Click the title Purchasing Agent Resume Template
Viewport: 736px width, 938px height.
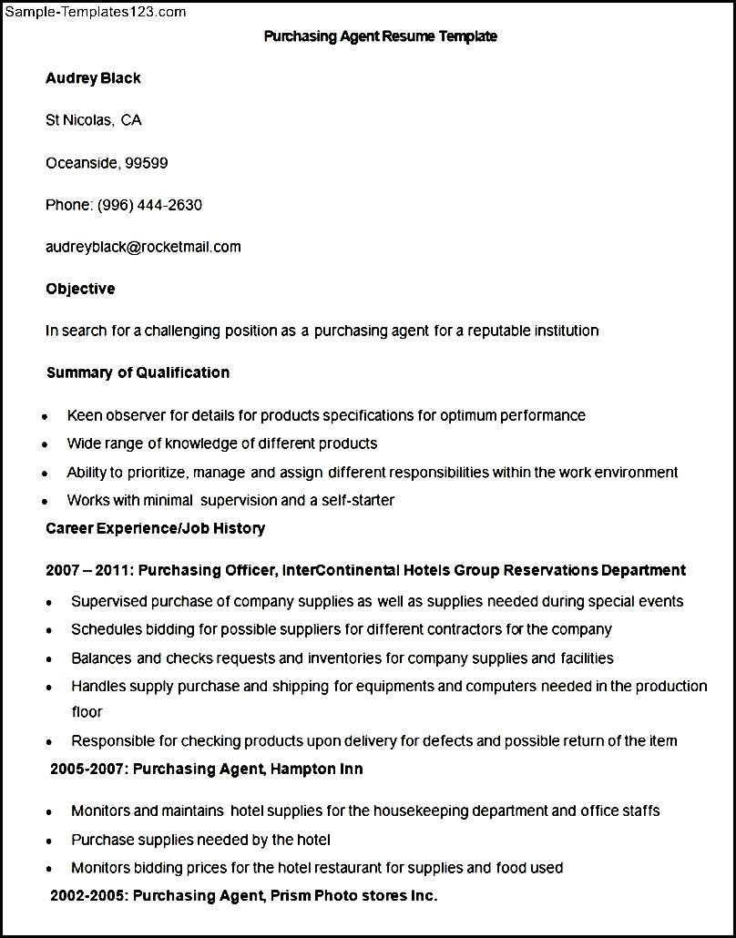[380, 36]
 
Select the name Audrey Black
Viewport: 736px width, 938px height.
[93, 78]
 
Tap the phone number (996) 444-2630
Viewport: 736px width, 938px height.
[149, 205]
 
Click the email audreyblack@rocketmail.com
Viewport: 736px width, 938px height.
[143, 247]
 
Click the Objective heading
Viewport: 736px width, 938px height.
[80, 289]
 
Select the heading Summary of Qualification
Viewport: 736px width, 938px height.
[138, 372]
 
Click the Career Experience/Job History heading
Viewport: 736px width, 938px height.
[155, 528]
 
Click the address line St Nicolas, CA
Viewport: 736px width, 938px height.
[93, 120]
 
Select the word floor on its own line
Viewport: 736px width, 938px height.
[87, 712]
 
